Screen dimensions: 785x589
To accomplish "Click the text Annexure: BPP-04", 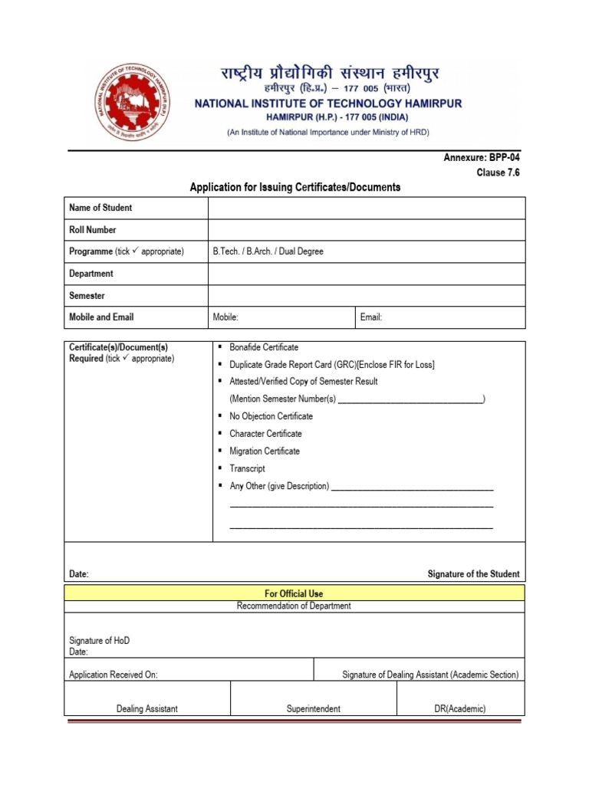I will click(482, 158).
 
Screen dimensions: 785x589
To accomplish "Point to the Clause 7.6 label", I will click(498, 173).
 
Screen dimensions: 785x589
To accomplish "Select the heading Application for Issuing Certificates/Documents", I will click(295, 187).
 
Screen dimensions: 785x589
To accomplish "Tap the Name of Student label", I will click(100, 208).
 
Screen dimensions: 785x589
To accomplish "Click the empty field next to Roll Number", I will click(367, 230).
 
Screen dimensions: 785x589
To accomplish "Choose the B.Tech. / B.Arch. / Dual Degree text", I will click(268, 251).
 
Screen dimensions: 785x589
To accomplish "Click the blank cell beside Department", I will click(367, 274).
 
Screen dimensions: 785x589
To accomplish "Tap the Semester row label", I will click(87, 296).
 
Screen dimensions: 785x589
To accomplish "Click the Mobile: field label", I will click(225, 317).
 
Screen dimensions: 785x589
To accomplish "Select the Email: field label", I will click(370, 317).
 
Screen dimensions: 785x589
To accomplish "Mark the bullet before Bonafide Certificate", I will click(220, 347).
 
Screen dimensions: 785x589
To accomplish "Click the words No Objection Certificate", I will click(271, 416).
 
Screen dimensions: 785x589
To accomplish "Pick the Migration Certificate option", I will click(265, 452).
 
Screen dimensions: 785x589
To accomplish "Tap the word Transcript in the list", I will click(247, 468).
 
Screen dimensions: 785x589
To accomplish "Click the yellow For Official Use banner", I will click(294, 593).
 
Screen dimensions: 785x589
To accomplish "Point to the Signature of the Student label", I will click(473, 574).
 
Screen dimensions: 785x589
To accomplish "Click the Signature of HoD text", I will click(105, 640).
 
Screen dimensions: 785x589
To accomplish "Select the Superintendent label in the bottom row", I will click(314, 709).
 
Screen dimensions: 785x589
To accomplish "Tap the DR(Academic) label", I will click(460, 709).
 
